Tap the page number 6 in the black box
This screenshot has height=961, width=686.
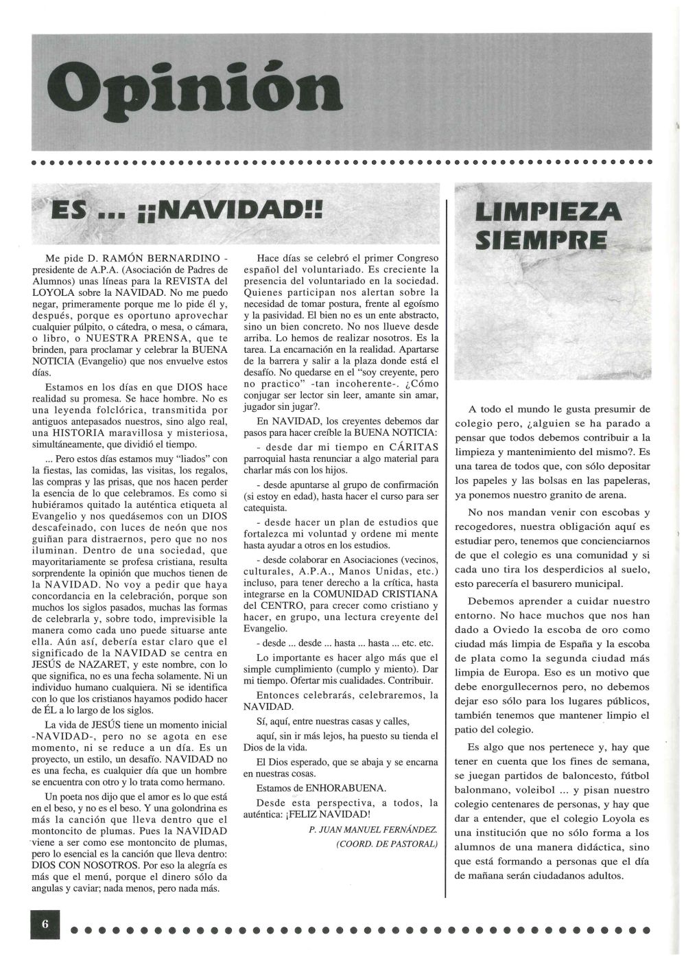coord(45,923)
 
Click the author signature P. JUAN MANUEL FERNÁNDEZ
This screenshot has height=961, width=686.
coord(372,830)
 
